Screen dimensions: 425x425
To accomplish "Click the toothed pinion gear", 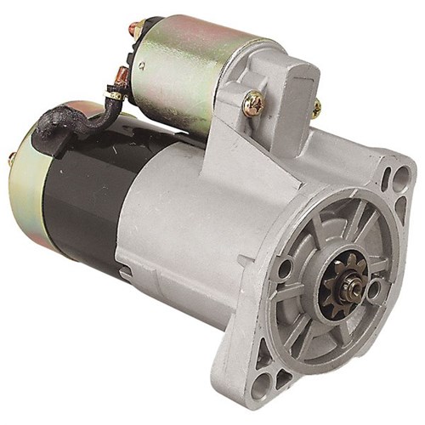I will click(343, 282).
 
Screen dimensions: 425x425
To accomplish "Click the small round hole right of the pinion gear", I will click(375, 290).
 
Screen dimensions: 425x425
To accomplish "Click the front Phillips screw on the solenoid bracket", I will click(252, 104).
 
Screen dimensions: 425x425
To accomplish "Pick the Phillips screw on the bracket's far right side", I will click(316, 108).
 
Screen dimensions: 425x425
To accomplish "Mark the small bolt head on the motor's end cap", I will click(11, 159).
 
